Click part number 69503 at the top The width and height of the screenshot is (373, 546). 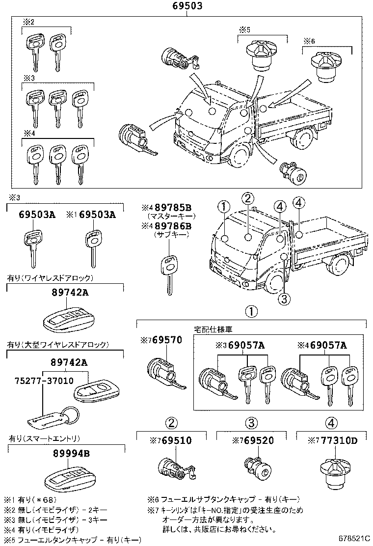pyautogui.click(x=187, y=6)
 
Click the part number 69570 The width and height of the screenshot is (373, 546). pyautogui.click(x=164, y=339)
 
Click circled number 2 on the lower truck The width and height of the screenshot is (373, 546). pyautogui.click(x=248, y=198)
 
